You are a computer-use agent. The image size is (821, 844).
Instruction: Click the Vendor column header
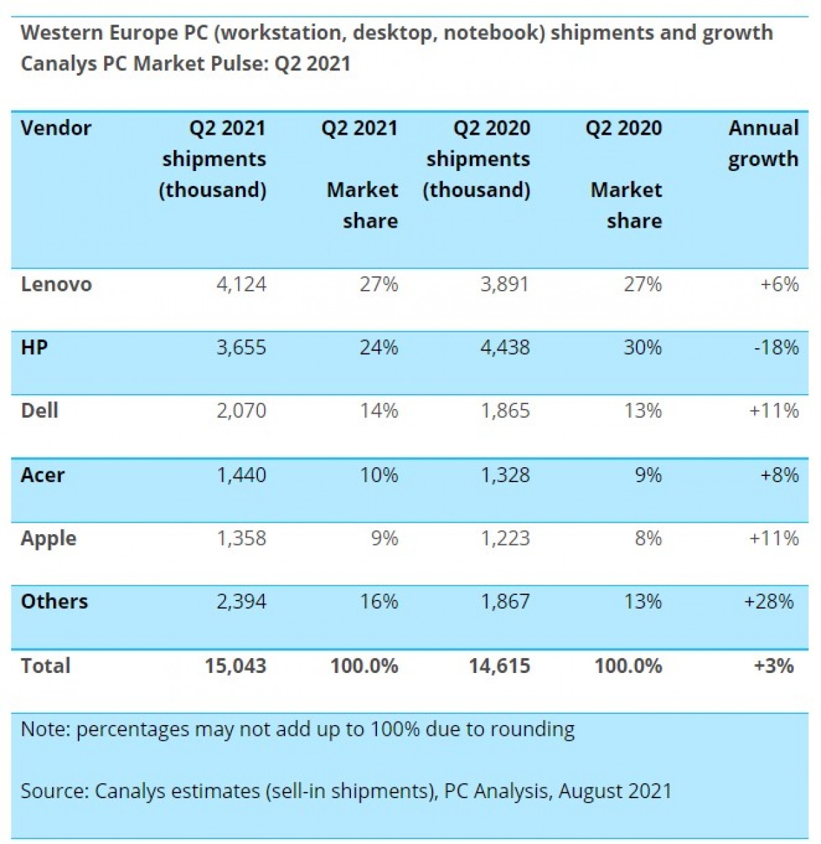point(56,128)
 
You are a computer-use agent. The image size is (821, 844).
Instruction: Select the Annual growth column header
point(763,143)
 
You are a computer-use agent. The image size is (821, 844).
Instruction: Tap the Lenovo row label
point(56,285)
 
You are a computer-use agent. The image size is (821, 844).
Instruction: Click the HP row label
point(34,347)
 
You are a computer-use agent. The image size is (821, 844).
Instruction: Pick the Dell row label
point(40,410)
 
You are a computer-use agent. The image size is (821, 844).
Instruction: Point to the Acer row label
point(42,475)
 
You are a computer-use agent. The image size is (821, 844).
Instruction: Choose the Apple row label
point(49,539)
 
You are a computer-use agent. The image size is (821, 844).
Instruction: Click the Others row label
point(55,601)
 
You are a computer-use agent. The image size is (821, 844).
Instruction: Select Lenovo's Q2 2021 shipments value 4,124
point(241,285)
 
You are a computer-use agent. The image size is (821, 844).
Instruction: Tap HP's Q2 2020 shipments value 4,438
point(505,347)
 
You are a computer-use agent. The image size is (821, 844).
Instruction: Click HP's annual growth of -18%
point(776,347)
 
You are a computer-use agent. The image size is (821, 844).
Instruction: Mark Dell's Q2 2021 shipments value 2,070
point(241,410)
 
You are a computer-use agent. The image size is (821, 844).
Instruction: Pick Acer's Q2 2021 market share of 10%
point(379,475)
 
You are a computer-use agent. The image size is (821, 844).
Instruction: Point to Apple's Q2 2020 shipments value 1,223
point(505,538)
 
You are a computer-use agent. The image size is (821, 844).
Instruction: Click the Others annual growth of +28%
point(769,601)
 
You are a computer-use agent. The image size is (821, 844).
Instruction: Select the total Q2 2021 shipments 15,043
point(235,665)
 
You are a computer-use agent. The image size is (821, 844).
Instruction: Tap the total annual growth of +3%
point(773,665)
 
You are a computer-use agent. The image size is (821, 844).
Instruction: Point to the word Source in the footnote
point(54,791)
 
